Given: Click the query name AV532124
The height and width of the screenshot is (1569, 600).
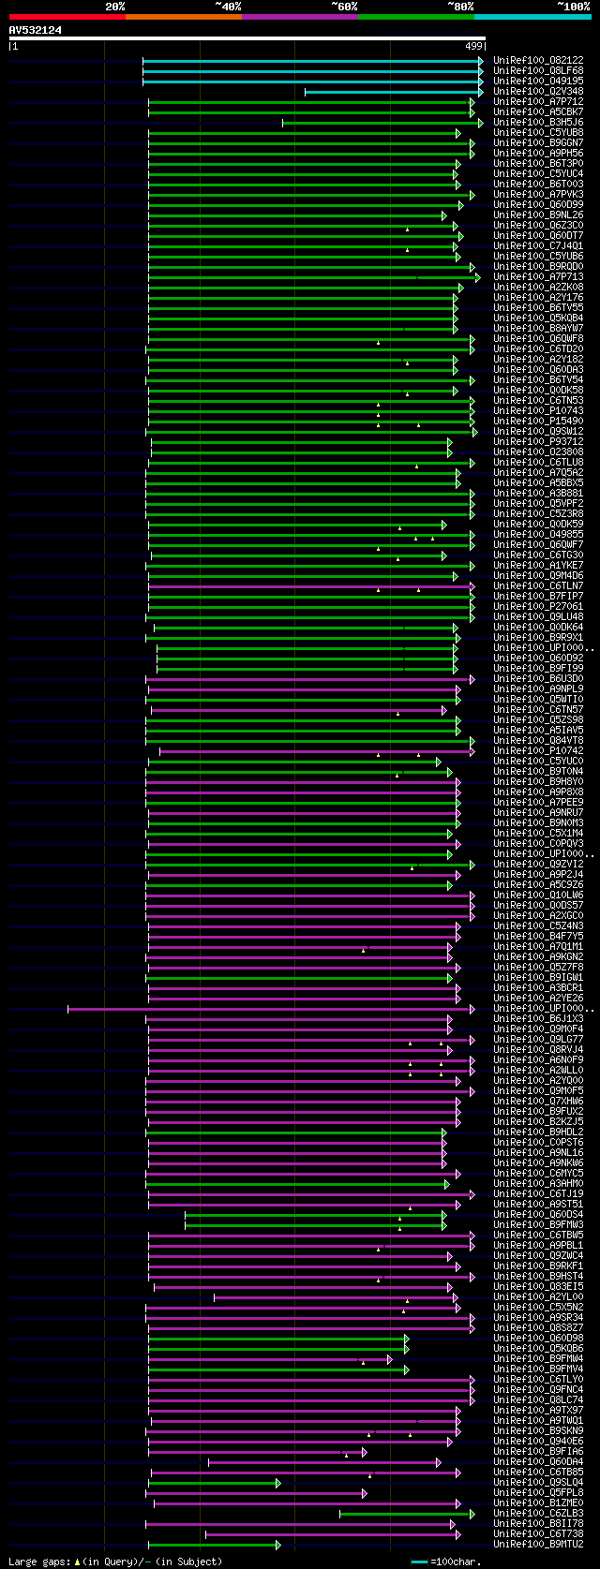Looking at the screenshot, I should [36, 30].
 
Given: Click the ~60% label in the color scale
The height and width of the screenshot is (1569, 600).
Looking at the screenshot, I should [344, 6].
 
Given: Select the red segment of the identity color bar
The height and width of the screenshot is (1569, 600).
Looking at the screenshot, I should [67, 16].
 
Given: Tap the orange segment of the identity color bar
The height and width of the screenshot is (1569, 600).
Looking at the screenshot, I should [183, 16].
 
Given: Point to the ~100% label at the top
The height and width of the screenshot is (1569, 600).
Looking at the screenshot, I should [573, 6].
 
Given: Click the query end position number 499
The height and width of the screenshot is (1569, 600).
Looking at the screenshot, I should [473, 46].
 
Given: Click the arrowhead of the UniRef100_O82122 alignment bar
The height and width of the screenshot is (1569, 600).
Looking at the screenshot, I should [481, 61].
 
